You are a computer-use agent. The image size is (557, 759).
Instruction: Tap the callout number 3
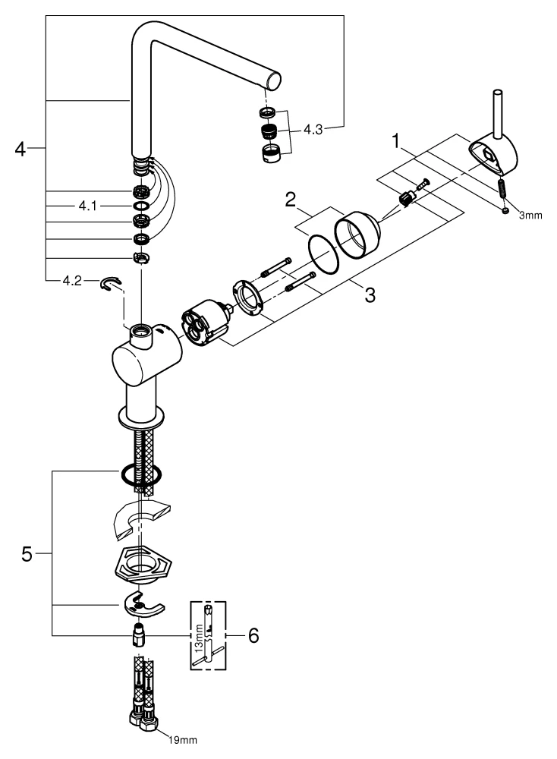[369, 294]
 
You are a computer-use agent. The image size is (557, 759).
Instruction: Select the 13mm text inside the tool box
[199, 633]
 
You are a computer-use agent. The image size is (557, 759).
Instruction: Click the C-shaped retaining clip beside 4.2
[111, 284]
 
